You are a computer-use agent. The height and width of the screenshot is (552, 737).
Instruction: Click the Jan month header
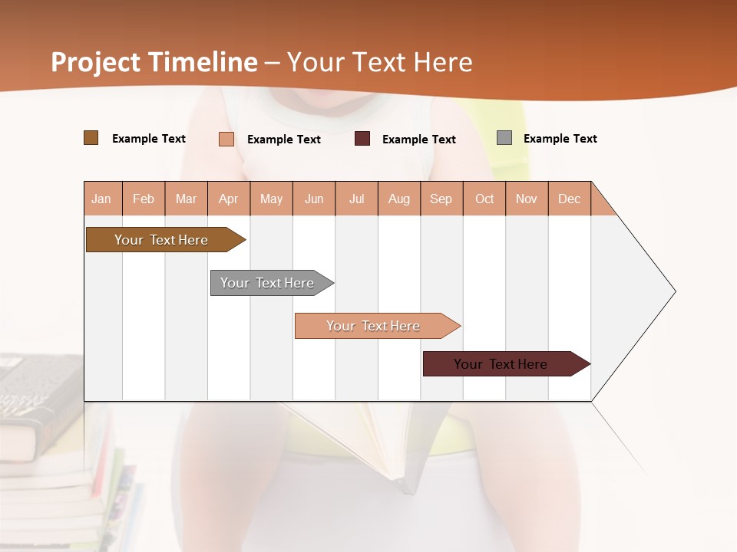(x=102, y=199)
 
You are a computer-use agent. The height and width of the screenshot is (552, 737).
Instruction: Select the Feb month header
(x=144, y=199)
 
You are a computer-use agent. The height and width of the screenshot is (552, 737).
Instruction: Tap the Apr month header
(x=229, y=199)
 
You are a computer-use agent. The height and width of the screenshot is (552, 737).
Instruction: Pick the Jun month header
(x=314, y=199)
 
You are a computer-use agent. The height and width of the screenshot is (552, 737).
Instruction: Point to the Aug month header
(x=399, y=199)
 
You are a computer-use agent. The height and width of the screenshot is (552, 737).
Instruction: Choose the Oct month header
(x=484, y=199)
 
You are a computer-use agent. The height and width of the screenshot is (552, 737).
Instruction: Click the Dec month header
(x=570, y=199)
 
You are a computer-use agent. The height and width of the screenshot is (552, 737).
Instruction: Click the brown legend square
(x=91, y=138)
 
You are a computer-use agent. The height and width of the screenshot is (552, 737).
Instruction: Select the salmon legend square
(x=226, y=139)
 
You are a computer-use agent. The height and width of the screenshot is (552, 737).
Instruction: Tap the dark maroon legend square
(x=362, y=139)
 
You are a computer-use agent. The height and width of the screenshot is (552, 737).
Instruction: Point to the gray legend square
(x=504, y=138)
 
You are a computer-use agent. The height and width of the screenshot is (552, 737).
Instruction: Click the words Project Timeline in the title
(x=154, y=62)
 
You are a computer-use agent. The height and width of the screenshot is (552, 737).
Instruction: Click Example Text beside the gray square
(x=560, y=139)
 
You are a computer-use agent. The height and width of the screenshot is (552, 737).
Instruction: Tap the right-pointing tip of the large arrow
(x=673, y=291)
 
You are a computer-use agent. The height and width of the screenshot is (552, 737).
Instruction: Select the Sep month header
(x=441, y=199)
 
